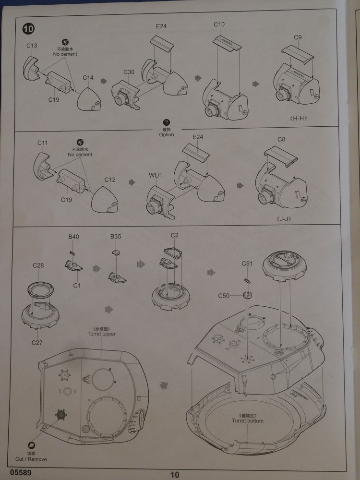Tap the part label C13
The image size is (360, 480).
coord(32,46)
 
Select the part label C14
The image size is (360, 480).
coord(88,77)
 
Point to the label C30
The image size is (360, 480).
coord(129,72)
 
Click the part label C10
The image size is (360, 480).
coord(219,24)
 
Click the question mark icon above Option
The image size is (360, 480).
coord(167,123)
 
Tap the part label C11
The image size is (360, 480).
coord(42,143)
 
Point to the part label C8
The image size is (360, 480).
coord(282,140)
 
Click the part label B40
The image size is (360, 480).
coord(73,237)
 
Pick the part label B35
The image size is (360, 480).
coord(116,237)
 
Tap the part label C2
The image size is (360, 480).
coord(175,235)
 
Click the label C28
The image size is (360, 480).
coord(38,265)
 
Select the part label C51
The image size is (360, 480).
coord(247,264)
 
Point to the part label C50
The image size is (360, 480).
coord(224,296)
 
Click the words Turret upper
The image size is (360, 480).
coord(101,334)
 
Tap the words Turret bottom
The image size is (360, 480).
coord(247,421)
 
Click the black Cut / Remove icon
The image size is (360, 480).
coord(31,446)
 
